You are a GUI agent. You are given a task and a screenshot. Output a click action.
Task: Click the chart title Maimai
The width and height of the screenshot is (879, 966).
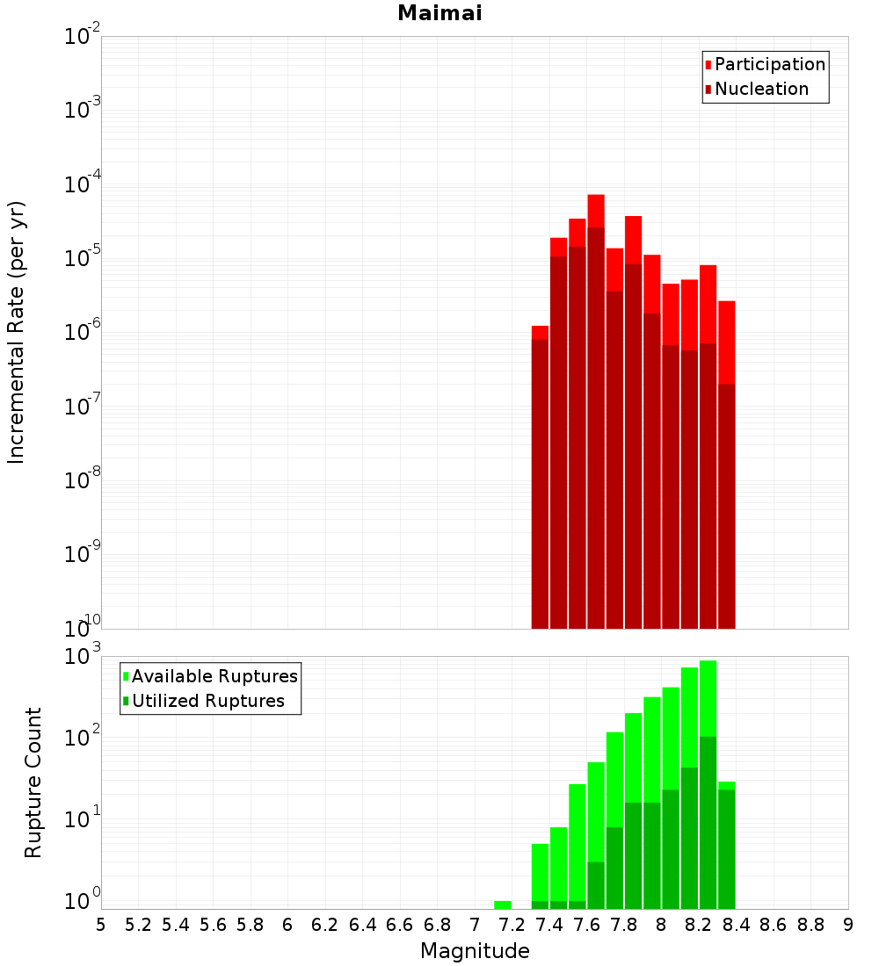coord(439,14)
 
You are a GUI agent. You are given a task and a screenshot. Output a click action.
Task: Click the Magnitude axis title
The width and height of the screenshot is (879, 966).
coord(475,951)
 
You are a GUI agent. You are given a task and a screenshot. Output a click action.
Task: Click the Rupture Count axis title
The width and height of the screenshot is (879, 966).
coord(33,782)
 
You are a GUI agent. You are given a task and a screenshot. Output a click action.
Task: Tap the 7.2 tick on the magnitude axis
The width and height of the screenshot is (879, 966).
coord(512,925)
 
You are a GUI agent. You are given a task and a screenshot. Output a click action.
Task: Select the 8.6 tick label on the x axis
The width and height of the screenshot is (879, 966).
coord(774,925)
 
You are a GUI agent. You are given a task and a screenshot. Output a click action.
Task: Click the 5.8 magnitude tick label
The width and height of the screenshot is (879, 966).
coord(251,925)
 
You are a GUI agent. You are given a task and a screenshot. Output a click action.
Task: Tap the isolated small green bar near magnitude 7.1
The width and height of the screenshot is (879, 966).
coord(503,905)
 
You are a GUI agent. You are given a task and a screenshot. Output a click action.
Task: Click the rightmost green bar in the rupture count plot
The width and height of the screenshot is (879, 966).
coord(727,843)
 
